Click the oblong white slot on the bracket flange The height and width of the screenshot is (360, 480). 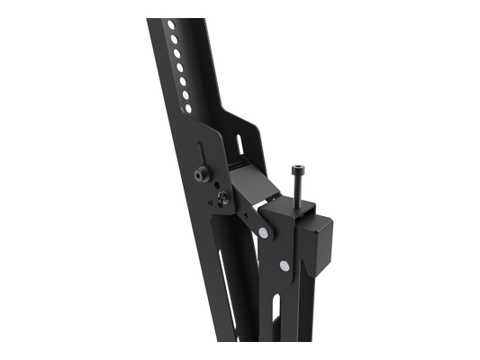pos(241,142)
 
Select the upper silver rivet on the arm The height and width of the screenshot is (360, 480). pos(264,234)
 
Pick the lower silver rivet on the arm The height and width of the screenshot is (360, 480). pos(285,265)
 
